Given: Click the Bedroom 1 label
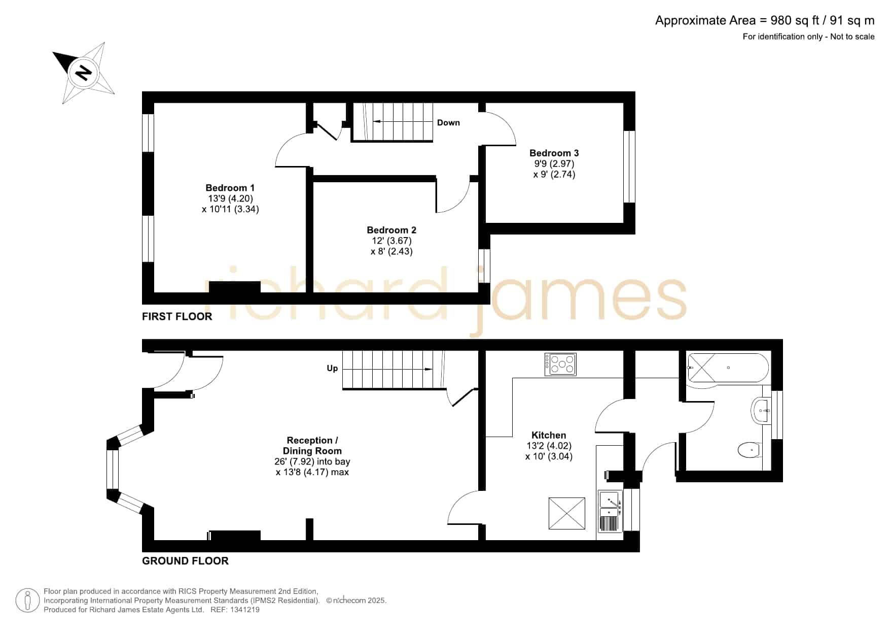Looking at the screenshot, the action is tap(230, 188).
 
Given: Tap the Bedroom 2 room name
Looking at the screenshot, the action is tap(391, 230).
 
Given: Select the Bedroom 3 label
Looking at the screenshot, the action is tap(554, 153).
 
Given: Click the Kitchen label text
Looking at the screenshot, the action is tap(549, 435).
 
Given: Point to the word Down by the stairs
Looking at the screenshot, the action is tap(448, 122).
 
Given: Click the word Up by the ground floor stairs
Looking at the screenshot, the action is tap(332, 368).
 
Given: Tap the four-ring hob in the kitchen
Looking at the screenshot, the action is tap(560, 364).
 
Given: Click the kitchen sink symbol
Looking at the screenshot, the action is tap(611, 511).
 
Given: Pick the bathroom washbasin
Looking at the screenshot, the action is tap(761, 410).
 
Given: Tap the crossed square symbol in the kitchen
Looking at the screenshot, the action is tap(566, 513).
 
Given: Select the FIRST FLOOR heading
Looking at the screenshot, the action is tap(177, 316).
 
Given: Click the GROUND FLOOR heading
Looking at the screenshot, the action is tap(185, 561).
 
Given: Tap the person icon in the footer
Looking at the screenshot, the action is tap(27, 601).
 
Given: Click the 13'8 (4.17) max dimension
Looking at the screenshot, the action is tap(312, 472).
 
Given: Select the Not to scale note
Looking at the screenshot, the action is tap(852, 37).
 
